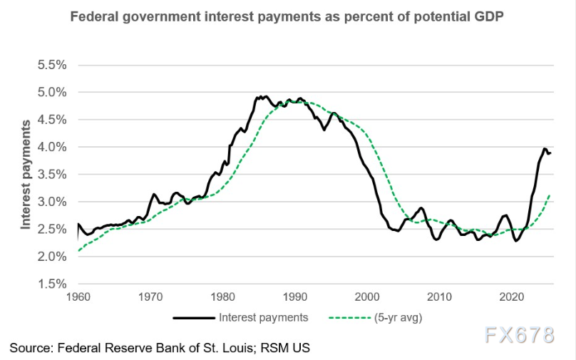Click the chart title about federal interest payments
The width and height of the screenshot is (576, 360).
[x=287, y=16]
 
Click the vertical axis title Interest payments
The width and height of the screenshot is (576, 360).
[x=26, y=175]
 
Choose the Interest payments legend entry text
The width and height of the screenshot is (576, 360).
[x=264, y=317]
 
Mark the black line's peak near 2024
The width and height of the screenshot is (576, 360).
[x=544, y=149]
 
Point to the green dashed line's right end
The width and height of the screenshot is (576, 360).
[x=550, y=195]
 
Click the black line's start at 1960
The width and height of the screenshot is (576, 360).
[x=77, y=225]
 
